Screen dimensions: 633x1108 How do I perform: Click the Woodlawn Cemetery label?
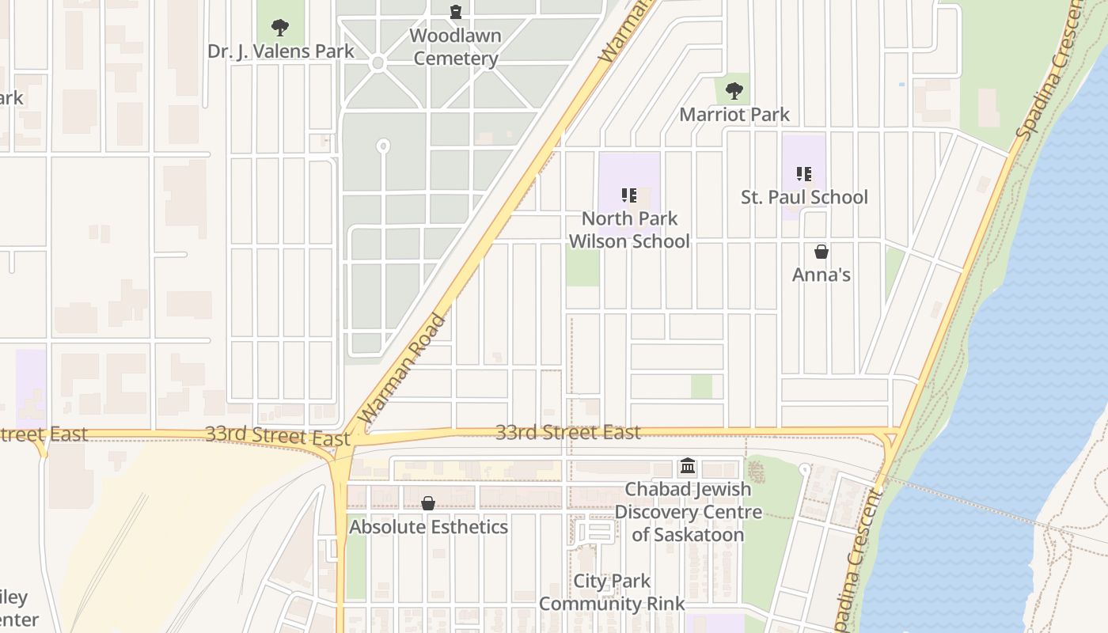pos(455,47)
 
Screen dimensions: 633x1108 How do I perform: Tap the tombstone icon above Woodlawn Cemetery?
pos(456,12)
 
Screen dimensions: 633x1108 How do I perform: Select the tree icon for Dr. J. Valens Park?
pos(279,28)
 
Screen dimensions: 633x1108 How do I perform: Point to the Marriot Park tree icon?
pos(734,90)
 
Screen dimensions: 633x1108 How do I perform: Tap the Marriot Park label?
pos(734,115)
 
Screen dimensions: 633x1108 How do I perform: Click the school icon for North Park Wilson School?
pos(629,195)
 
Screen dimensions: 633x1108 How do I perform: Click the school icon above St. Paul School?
pos(804,174)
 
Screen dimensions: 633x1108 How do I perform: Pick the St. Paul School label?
pos(804,197)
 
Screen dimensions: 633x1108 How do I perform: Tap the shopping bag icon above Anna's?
pos(822,252)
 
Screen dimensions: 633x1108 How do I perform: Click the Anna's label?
pos(822,275)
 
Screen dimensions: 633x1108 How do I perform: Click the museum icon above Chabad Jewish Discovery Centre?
pos(688,466)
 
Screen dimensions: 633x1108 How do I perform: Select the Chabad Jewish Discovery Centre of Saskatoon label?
pos(688,512)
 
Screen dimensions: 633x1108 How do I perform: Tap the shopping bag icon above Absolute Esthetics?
pos(428,503)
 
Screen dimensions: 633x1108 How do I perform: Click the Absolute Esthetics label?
pos(428,527)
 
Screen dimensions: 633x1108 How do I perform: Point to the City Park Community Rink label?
pos(612,593)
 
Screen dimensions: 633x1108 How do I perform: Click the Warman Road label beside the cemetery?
pos(403,367)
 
